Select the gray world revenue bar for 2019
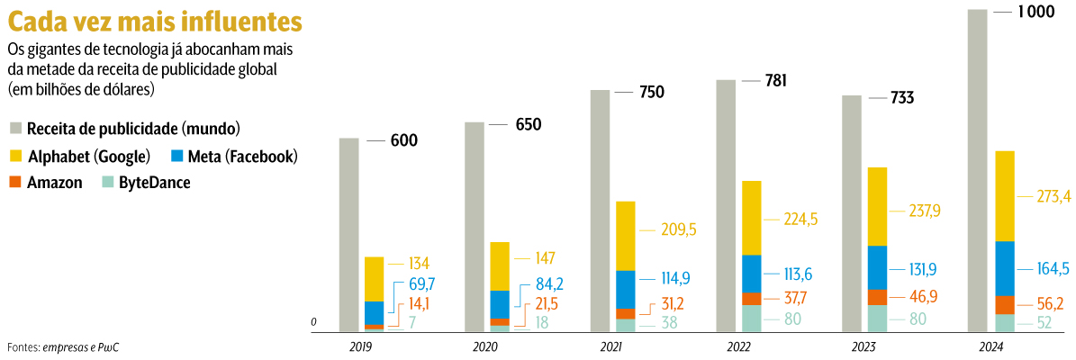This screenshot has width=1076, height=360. tap(349, 234)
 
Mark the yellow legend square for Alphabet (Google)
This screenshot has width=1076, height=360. tap(15, 156)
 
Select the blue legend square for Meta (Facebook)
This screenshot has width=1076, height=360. tap(176, 156)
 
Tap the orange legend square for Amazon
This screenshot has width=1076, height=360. tap(15, 182)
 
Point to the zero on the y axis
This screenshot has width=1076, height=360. tap(314, 321)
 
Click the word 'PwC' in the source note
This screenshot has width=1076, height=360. tap(107, 347)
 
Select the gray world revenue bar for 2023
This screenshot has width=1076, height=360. tap(850, 212)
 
